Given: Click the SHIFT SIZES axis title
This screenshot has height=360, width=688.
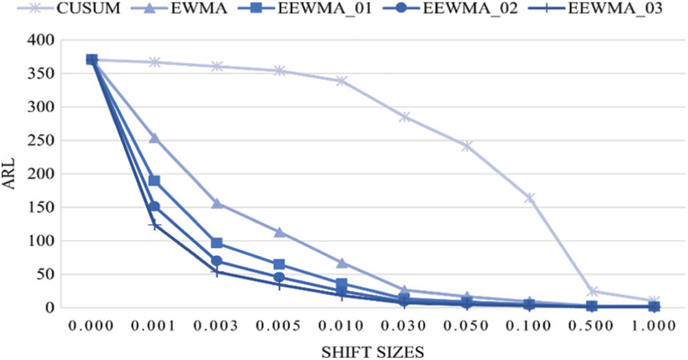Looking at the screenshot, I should pos(372,350).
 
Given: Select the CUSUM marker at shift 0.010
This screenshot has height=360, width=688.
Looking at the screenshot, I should pos(342,81).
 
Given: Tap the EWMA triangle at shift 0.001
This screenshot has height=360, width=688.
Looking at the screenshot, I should pos(154,138).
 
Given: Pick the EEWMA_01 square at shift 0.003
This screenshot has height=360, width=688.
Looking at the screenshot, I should pos(217,243).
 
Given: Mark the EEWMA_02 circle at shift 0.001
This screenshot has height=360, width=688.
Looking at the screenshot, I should pos(154,206).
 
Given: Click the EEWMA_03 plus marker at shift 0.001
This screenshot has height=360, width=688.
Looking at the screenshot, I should pos(154,225).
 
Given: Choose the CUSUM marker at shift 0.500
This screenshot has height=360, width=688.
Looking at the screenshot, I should pos(591,291).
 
